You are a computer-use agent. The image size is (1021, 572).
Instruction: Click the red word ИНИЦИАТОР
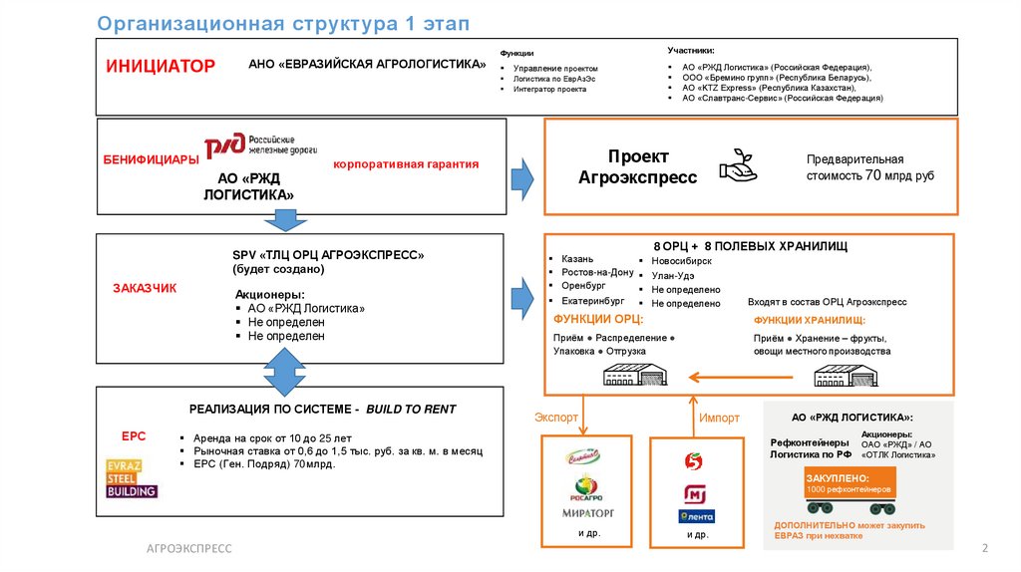161,67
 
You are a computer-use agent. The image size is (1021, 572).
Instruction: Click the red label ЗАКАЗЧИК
145,288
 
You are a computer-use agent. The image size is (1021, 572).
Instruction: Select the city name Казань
577,258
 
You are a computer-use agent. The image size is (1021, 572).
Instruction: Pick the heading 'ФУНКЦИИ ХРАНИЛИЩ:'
809,320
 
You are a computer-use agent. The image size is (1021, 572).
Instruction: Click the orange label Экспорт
556,418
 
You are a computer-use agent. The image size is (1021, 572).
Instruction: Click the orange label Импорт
719,418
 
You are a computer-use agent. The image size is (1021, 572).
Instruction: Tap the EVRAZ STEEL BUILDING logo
132,477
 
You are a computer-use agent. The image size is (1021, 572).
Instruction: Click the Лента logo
696,516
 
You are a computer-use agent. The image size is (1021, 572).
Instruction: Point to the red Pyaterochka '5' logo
694,459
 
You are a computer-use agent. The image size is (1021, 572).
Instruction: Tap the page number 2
983,548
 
